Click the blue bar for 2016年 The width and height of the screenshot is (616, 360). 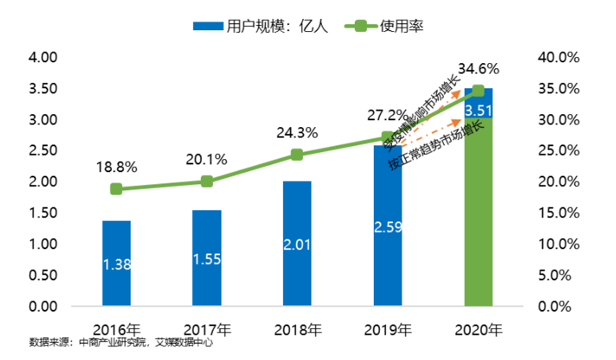click(117, 264)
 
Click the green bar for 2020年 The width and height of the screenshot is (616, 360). click(478, 216)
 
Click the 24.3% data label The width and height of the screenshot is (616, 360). click(297, 133)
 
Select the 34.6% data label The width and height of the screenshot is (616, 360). click(478, 67)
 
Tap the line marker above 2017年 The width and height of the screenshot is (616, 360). click(207, 181)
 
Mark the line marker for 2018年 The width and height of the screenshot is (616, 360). click(297, 155)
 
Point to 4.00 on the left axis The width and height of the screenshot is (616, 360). click(42, 57)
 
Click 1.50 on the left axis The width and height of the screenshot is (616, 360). click(42, 213)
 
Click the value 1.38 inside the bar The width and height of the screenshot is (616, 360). click(117, 265)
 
